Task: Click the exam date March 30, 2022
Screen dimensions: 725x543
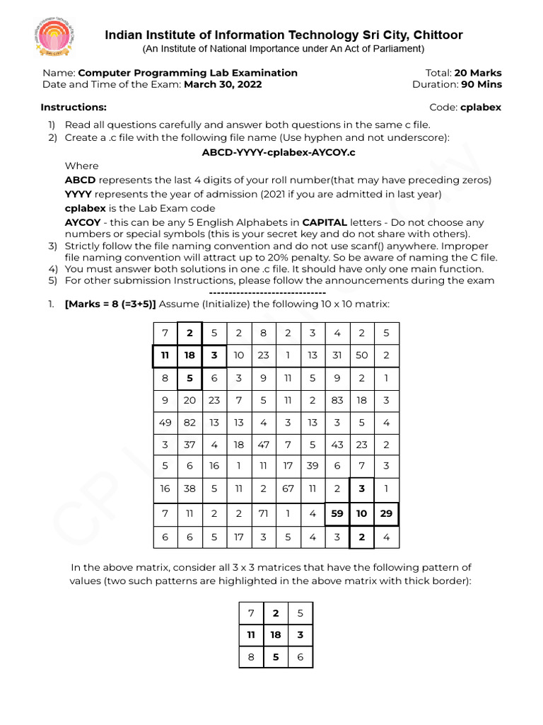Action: [223, 84]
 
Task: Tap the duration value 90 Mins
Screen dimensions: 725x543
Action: [481, 84]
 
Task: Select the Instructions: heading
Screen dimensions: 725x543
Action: [74, 108]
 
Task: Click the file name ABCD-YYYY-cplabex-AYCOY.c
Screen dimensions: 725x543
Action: [279, 152]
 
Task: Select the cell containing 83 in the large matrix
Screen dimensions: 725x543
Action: [337, 401]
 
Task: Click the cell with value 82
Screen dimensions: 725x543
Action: [189, 423]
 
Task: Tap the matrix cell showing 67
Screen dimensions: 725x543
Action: [288, 489]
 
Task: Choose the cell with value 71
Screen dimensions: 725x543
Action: [263, 513]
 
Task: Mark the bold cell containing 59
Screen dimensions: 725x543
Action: [337, 513]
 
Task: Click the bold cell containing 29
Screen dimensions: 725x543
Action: [386, 513]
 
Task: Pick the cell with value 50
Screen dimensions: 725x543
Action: [361, 355]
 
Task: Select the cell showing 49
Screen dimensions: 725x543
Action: [165, 423]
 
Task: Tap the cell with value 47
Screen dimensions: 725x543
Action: [263, 445]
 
